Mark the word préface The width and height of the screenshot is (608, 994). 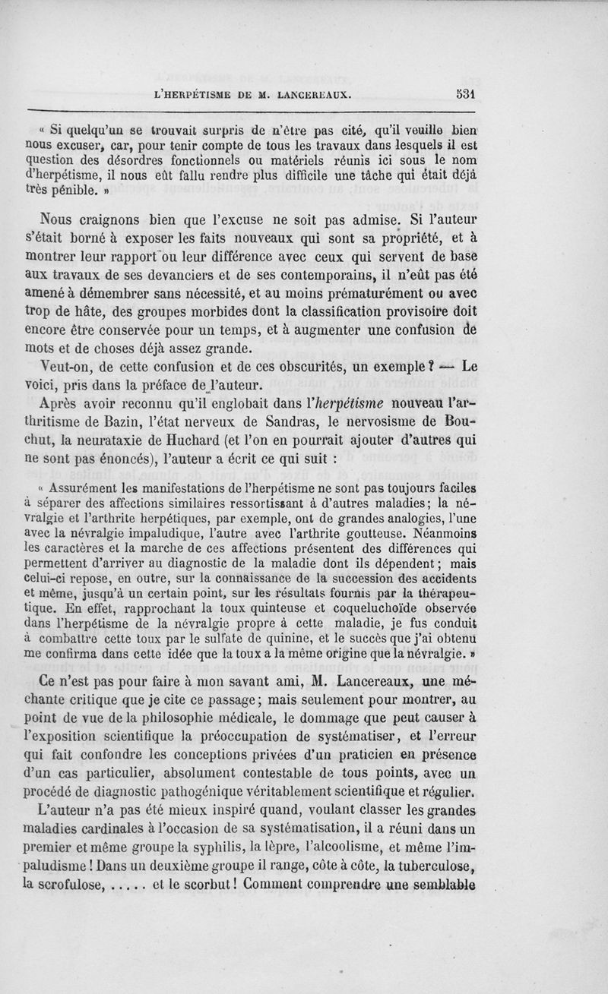click(155, 383)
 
